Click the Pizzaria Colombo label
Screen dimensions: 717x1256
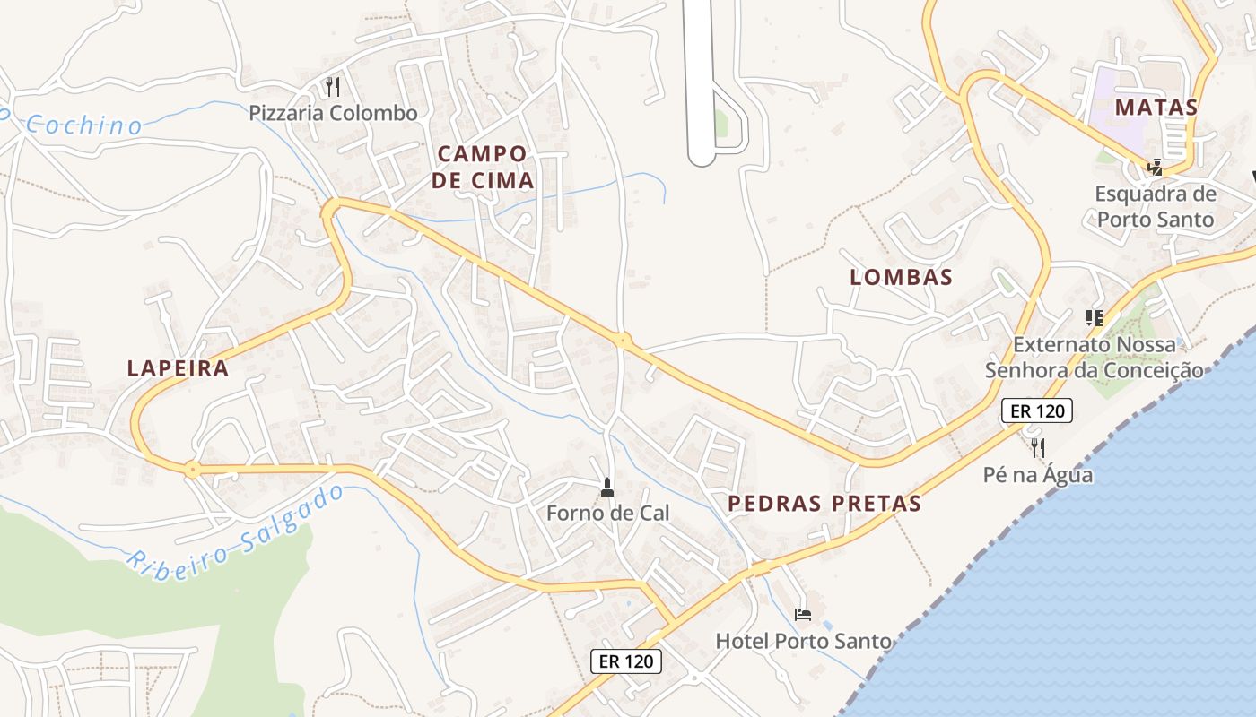tap(334, 114)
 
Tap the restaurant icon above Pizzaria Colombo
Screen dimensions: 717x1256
tap(333, 87)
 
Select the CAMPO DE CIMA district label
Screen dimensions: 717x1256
tap(483, 167)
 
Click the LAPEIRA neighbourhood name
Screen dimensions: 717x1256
tap(178, 368)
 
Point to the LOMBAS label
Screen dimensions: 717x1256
tap(901, 278)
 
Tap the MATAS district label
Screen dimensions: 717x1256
tap(1156, 108)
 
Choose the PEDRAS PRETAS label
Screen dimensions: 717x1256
tap(824, 504)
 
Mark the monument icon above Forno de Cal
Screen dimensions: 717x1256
tap(607, 488)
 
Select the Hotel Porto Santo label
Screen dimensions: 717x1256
tap(803, 642)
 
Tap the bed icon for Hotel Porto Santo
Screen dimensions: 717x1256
tap(803, 615)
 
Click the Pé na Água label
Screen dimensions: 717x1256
tap(1038, 474)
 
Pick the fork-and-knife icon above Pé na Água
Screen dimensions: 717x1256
tap(1038, 447)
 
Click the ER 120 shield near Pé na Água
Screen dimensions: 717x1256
tap(1036, 411)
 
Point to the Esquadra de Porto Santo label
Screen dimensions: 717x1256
tap(1156, 206)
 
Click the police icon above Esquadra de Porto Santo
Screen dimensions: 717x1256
tap(1156, 167)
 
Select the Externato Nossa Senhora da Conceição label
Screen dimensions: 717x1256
tap(1095, 357)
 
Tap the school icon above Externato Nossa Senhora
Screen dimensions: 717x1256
tap(1094, 317)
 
